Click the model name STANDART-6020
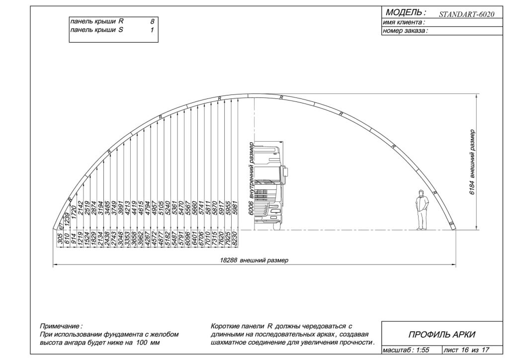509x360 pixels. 466,14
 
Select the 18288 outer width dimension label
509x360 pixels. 254,261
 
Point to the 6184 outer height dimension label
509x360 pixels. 472,162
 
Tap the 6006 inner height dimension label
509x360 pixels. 251,179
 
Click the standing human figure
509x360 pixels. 422,210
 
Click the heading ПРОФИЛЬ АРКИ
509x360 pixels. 442,334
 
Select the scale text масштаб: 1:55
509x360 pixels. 406,350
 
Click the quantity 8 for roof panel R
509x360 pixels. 152,22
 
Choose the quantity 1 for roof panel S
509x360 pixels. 152,30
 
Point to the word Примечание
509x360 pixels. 61,326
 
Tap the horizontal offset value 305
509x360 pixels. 60,239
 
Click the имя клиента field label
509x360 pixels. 404,22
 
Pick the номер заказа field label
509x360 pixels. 405,31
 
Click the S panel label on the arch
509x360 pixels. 451,224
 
